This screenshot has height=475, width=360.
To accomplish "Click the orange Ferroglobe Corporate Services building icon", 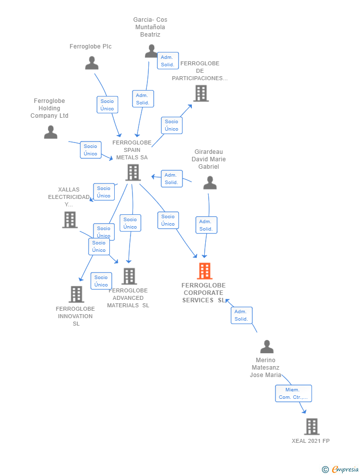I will [204, 271].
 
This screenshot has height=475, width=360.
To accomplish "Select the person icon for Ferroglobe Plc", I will [92, 63].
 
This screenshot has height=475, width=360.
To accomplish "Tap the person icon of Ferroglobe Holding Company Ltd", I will [50, 132].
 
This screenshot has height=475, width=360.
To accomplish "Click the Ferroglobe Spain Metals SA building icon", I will [133, 172].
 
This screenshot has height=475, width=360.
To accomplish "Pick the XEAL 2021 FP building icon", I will [312, 426].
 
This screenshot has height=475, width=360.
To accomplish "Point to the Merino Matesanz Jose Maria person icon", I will [267, 347].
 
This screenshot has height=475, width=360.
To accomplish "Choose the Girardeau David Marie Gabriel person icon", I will [210, 183].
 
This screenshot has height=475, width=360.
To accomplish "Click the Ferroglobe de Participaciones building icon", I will [201, 93].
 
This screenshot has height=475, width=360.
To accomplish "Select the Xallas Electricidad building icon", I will [70, 220].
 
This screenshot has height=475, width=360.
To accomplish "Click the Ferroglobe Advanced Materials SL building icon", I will [129, 276].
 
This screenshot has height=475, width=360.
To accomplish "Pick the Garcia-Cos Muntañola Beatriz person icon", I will [151, 51].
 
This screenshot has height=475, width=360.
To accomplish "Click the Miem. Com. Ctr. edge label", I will [293, 393].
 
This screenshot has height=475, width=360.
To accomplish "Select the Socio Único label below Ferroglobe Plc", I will [107, 105].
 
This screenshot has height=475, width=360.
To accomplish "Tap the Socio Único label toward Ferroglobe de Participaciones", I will [172, 125].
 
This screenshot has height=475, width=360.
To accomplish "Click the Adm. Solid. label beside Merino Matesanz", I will [241, 315].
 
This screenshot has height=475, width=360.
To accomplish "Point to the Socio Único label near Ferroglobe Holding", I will [90, 150].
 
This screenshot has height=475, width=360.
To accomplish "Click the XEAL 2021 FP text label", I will [311, 441].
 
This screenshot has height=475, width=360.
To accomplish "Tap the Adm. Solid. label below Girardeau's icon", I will [206, 225].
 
